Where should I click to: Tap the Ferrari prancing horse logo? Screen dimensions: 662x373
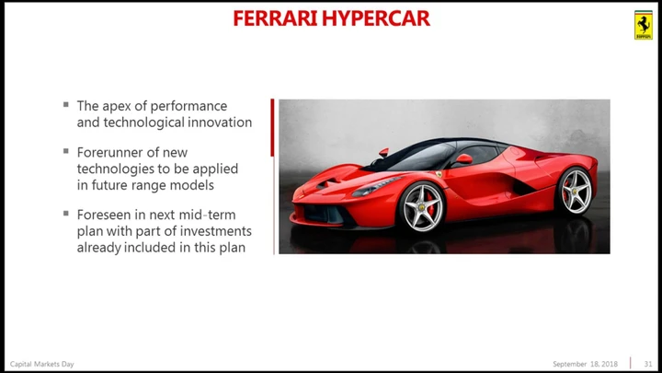pos(644,25)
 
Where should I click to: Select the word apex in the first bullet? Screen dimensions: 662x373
pos(117,107)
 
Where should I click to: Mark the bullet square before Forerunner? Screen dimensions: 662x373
pos(66,151)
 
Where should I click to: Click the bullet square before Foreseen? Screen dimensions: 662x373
pos(66,213)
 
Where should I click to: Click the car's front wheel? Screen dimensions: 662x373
pos(421,207)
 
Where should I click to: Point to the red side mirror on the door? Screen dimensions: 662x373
pos(463,159)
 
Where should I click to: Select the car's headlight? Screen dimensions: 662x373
pos(373,187)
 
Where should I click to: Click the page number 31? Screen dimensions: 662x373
pos(648,364)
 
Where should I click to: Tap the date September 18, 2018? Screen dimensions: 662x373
pos(585,364)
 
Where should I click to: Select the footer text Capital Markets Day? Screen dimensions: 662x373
pos(41,364)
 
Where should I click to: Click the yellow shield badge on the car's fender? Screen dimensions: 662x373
pos(439,174)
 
